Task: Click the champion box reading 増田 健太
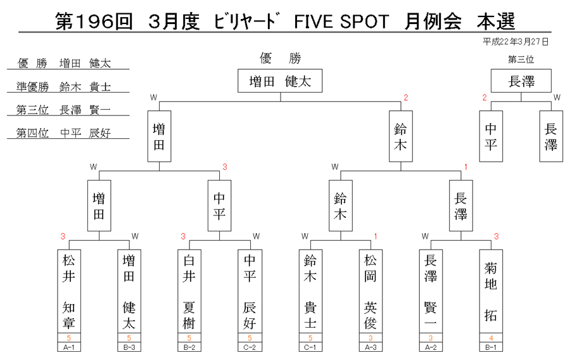(x=280, y=80)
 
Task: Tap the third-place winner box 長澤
(x=521, y=80)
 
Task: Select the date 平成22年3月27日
(x=515, y=42)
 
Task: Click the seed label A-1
(x=68, y=347)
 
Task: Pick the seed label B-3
(x=129, y=347)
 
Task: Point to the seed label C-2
(x=250, y=347)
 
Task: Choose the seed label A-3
(x=370, y=347)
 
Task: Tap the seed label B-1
(x=491, y=347)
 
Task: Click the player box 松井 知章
(x=68, y=292)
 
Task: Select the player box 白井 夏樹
(x=189, y=292)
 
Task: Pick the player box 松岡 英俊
(x=370, y=292)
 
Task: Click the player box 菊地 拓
(x=491, y=292)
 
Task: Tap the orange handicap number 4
(x=491, y=338)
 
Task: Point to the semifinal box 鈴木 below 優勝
(x=401, y=136)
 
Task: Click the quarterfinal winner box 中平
(x=219, y=206)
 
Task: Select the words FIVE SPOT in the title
(x=341, y=22)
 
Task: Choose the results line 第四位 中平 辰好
(x=63, y=132)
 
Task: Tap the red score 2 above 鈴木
(x=406, y=98)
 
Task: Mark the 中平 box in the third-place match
(x=491, y=136)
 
